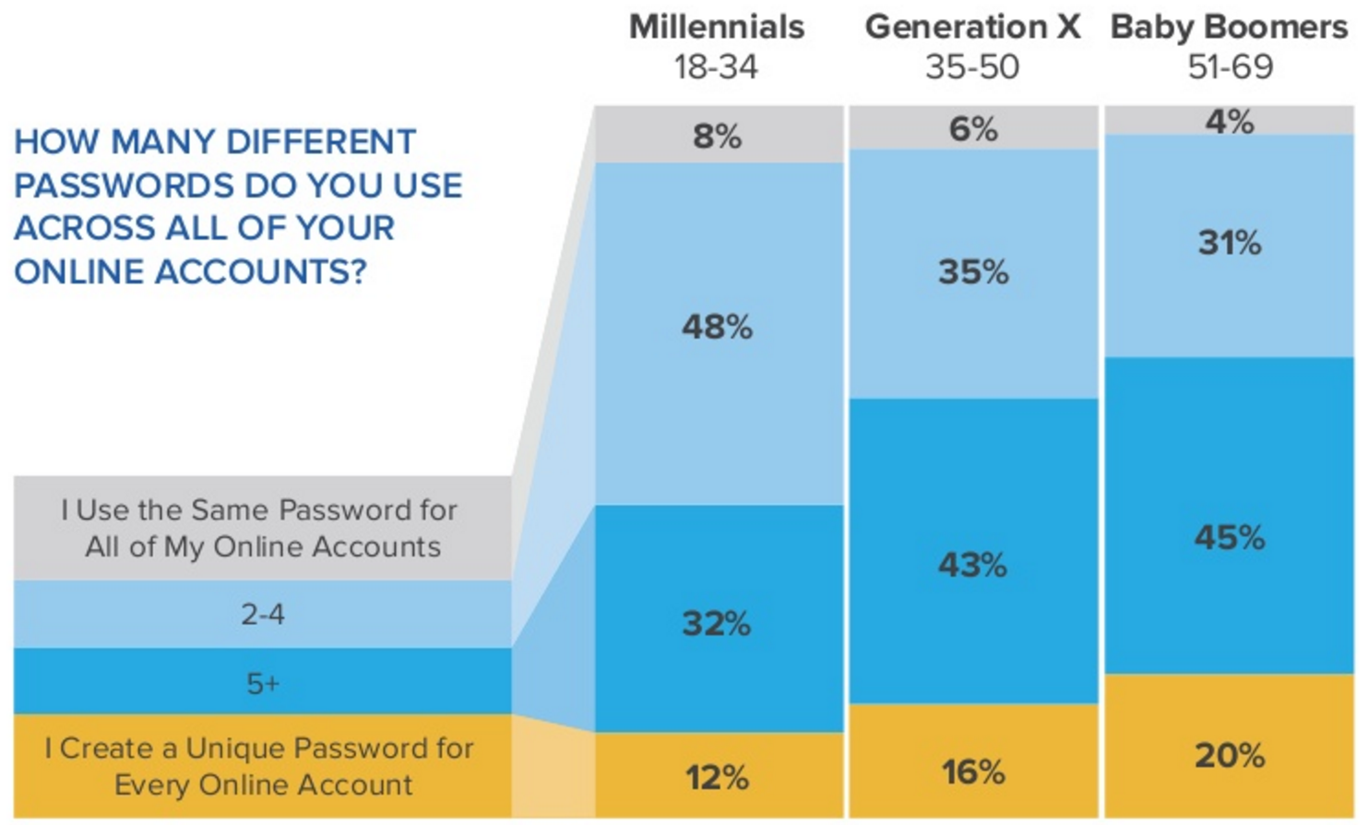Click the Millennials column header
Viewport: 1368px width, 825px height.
716,27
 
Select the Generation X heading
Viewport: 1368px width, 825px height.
972,27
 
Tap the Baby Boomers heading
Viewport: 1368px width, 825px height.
1229,27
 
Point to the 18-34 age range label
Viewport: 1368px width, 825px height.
716,66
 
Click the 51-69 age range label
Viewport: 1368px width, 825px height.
1230,66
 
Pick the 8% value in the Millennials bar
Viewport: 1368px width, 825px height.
717,137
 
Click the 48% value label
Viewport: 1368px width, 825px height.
717,327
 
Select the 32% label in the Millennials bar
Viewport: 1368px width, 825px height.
717,624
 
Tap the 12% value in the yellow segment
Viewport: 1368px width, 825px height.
717,777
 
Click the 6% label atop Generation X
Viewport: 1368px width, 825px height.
973,129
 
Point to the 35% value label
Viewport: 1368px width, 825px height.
973,272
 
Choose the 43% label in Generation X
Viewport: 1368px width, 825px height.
973,564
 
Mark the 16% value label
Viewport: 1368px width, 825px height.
973,771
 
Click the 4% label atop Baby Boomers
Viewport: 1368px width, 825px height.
1230,121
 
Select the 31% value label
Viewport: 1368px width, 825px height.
1230,243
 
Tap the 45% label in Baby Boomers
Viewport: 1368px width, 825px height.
1230,537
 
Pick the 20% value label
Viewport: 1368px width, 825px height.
1230,756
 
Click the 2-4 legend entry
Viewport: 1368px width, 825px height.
263,614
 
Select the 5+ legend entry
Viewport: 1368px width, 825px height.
263,683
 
